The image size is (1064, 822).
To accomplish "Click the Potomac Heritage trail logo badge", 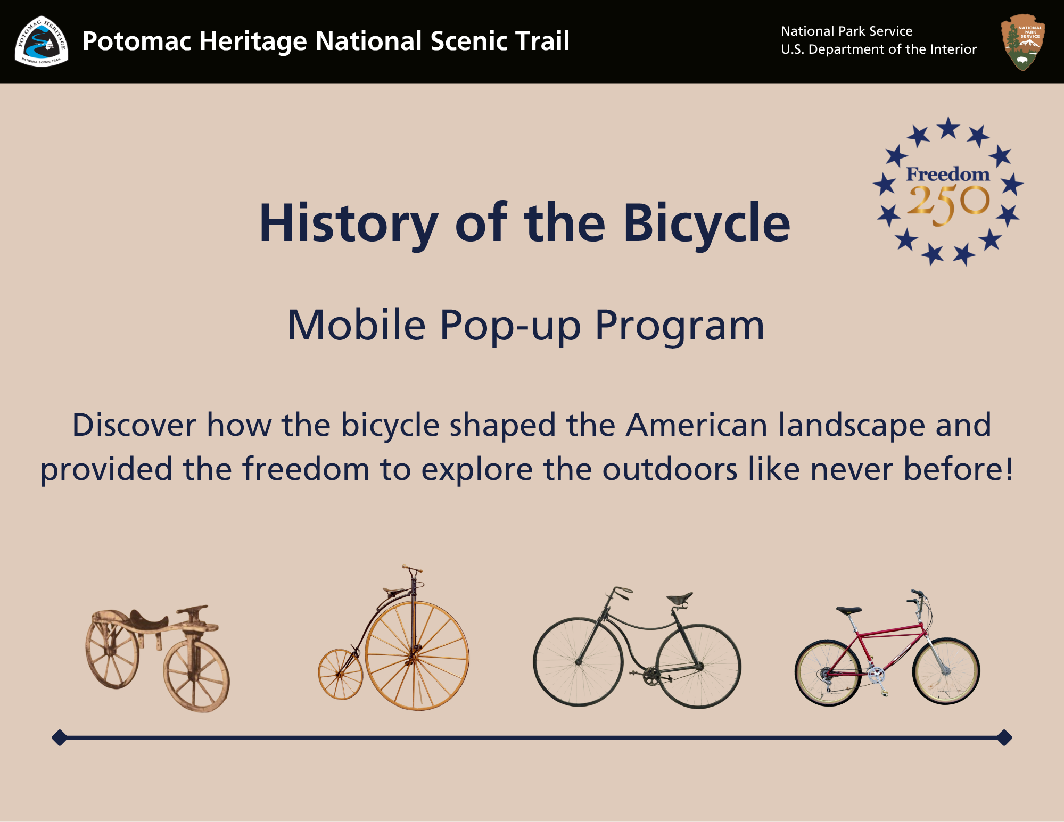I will click(x=42, y=41).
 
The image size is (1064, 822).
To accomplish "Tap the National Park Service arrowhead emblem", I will click(x=1022, y=41).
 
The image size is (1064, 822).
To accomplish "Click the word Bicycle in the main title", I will click(x=707, y=223).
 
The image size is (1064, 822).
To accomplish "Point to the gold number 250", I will click(x=948, y=204).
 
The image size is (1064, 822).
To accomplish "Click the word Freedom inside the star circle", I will click(x=948, y=174).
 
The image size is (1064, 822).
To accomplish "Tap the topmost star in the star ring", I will click(x=948, y=128).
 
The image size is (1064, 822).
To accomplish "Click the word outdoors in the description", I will click(x=670, y=469).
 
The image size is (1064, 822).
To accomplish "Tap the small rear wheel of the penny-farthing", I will click(x=340, y=674).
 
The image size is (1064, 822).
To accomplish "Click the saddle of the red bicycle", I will click(x=848, y=610).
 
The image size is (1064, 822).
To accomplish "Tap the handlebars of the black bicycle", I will click(x=617, y=591).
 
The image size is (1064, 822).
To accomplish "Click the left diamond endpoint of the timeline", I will click(x=60, y=737).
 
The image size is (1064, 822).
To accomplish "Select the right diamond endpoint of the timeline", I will click(x=1004, y=737).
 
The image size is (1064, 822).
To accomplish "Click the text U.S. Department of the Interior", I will click(x=878, y=49).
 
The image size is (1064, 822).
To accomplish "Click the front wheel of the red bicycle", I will click(x=946, y=671).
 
